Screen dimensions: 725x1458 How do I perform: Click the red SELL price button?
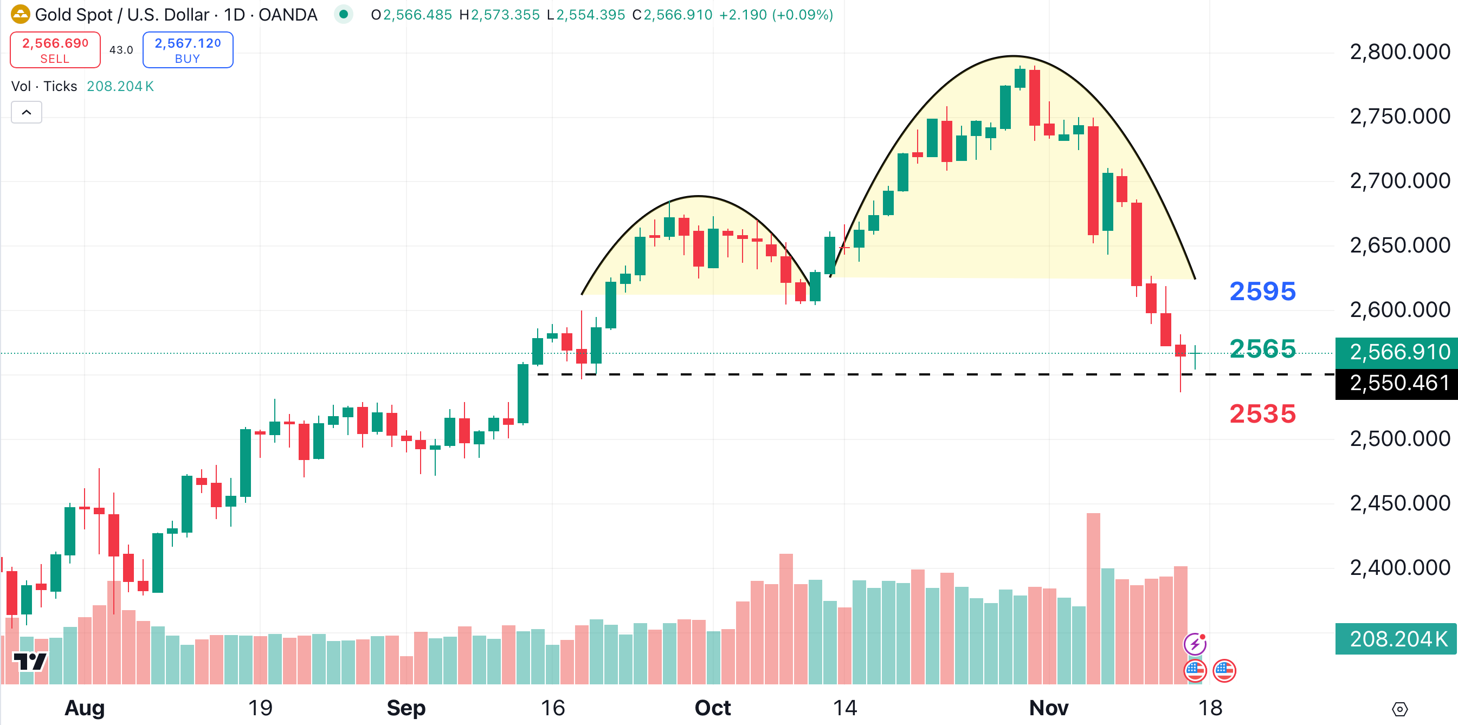55,50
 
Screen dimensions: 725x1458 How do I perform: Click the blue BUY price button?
188,50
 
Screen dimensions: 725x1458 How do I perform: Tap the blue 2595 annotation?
1262,292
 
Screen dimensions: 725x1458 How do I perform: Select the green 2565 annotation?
1262,348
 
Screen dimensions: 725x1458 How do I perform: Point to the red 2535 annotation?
1262,414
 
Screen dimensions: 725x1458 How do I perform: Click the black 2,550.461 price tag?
1398,383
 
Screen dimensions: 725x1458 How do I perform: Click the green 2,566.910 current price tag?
1398,352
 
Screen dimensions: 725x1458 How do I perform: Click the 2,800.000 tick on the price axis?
1399,52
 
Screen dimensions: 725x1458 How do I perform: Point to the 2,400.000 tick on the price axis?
1399,567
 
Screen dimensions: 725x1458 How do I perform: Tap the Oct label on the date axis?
713,708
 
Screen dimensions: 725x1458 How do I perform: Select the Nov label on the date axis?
1048,708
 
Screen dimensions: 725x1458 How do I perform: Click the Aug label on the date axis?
85,708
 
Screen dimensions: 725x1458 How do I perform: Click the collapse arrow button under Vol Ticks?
27,112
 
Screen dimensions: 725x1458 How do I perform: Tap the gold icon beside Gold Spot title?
21,14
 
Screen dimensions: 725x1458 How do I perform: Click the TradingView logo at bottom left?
30,661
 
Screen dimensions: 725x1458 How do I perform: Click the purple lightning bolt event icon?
1194,644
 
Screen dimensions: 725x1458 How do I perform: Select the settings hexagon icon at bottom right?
1399,709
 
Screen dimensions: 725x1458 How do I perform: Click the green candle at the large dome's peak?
1020,77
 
